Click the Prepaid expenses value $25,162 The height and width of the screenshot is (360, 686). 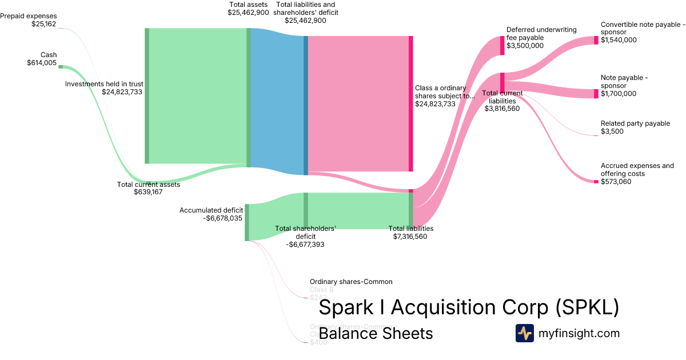point(44,24)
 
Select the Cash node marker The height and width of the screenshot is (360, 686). point(61,67)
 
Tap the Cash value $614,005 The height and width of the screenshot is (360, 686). point(42,63)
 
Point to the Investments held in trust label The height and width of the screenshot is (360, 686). point(104,83)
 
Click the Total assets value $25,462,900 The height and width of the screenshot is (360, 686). point(248,12)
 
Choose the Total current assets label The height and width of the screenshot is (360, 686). point(149,184)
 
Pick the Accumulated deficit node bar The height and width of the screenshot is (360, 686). point(247,222)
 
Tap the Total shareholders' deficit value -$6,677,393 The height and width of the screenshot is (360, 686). point(305,244)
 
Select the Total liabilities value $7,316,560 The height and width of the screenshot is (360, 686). point(410,236)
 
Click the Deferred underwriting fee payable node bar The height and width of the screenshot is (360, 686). point(502,45)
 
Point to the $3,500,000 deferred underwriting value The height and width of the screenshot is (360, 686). point(525,46)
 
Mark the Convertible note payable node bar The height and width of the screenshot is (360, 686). point(596,40)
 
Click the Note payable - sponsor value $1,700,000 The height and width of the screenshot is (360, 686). point(619,94)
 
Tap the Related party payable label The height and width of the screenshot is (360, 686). point(635,123)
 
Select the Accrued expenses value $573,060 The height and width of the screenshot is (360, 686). point(616,182)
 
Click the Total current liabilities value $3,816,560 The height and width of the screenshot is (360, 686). point(502,108)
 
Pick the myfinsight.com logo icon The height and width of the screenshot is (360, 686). point(524,333)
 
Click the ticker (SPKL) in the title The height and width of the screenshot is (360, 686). point(587,307)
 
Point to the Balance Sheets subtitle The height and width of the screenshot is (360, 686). point(376,333)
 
